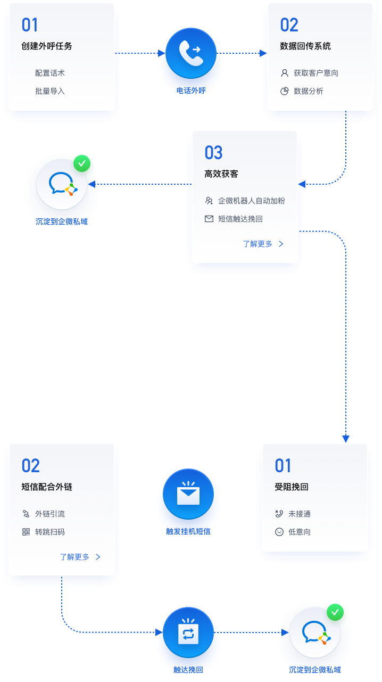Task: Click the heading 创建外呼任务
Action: [47, 46]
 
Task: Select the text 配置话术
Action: [50, 73]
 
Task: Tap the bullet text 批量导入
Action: [50, 91]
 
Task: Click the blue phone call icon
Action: [190, 53]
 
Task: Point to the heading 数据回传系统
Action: [305, 46]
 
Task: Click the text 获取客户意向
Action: [316, 73]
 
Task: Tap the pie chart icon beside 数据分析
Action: [285, 91]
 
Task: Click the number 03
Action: [213, 153]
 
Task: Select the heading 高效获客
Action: [221, 174]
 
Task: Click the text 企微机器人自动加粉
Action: [252, 201]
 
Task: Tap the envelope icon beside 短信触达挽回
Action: [209, 219]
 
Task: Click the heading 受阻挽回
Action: [292, 487]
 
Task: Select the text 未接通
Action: [300, 514]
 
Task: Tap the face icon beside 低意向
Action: [279, 532]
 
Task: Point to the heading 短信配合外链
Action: [47, 487]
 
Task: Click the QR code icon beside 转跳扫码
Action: [26, 532]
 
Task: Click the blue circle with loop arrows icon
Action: [188, 634]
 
